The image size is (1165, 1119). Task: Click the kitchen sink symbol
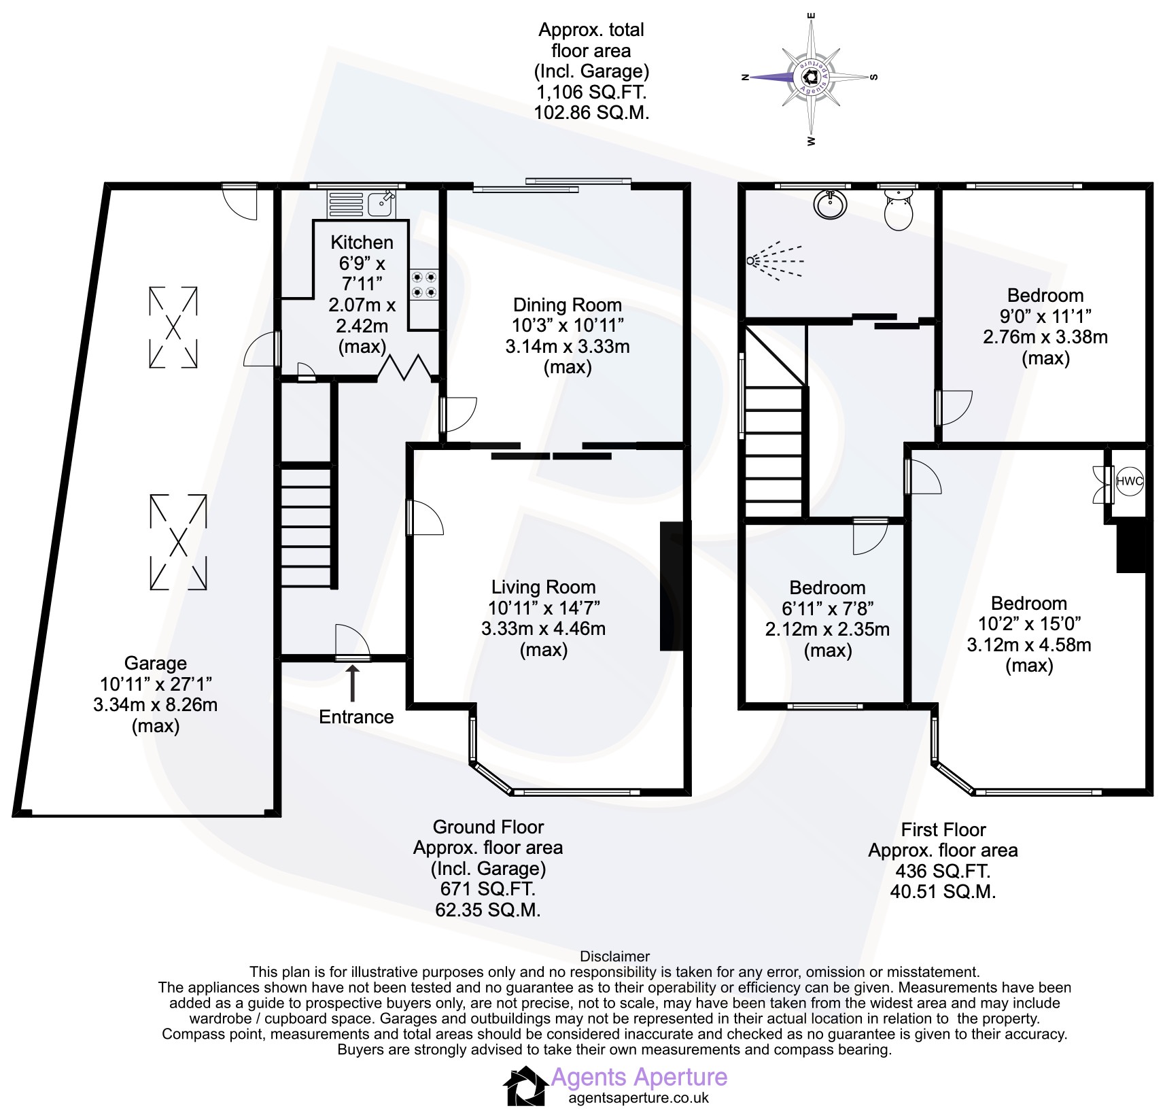point(362,204)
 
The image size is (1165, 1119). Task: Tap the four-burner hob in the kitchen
point(424,285)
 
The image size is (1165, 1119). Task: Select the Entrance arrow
point(353,683)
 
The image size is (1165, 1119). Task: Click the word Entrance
point(356,717)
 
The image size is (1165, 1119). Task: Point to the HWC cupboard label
point(1129,481)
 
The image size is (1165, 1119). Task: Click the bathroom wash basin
point(829,203)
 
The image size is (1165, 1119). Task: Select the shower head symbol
point(775,261)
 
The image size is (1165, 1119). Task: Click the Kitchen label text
point(362,242)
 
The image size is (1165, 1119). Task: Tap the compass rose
point(811,77)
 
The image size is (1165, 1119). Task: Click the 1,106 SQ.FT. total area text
point(592,92)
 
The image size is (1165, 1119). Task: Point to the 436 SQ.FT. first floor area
point(943,870)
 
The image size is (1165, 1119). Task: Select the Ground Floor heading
point(488,827)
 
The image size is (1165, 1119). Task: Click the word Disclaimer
point(614,957)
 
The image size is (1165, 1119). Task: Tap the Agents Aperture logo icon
point(525,1086)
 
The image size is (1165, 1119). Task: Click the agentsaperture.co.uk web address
point(638,1097)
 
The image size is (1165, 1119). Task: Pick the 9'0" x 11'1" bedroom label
point(1045,315)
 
